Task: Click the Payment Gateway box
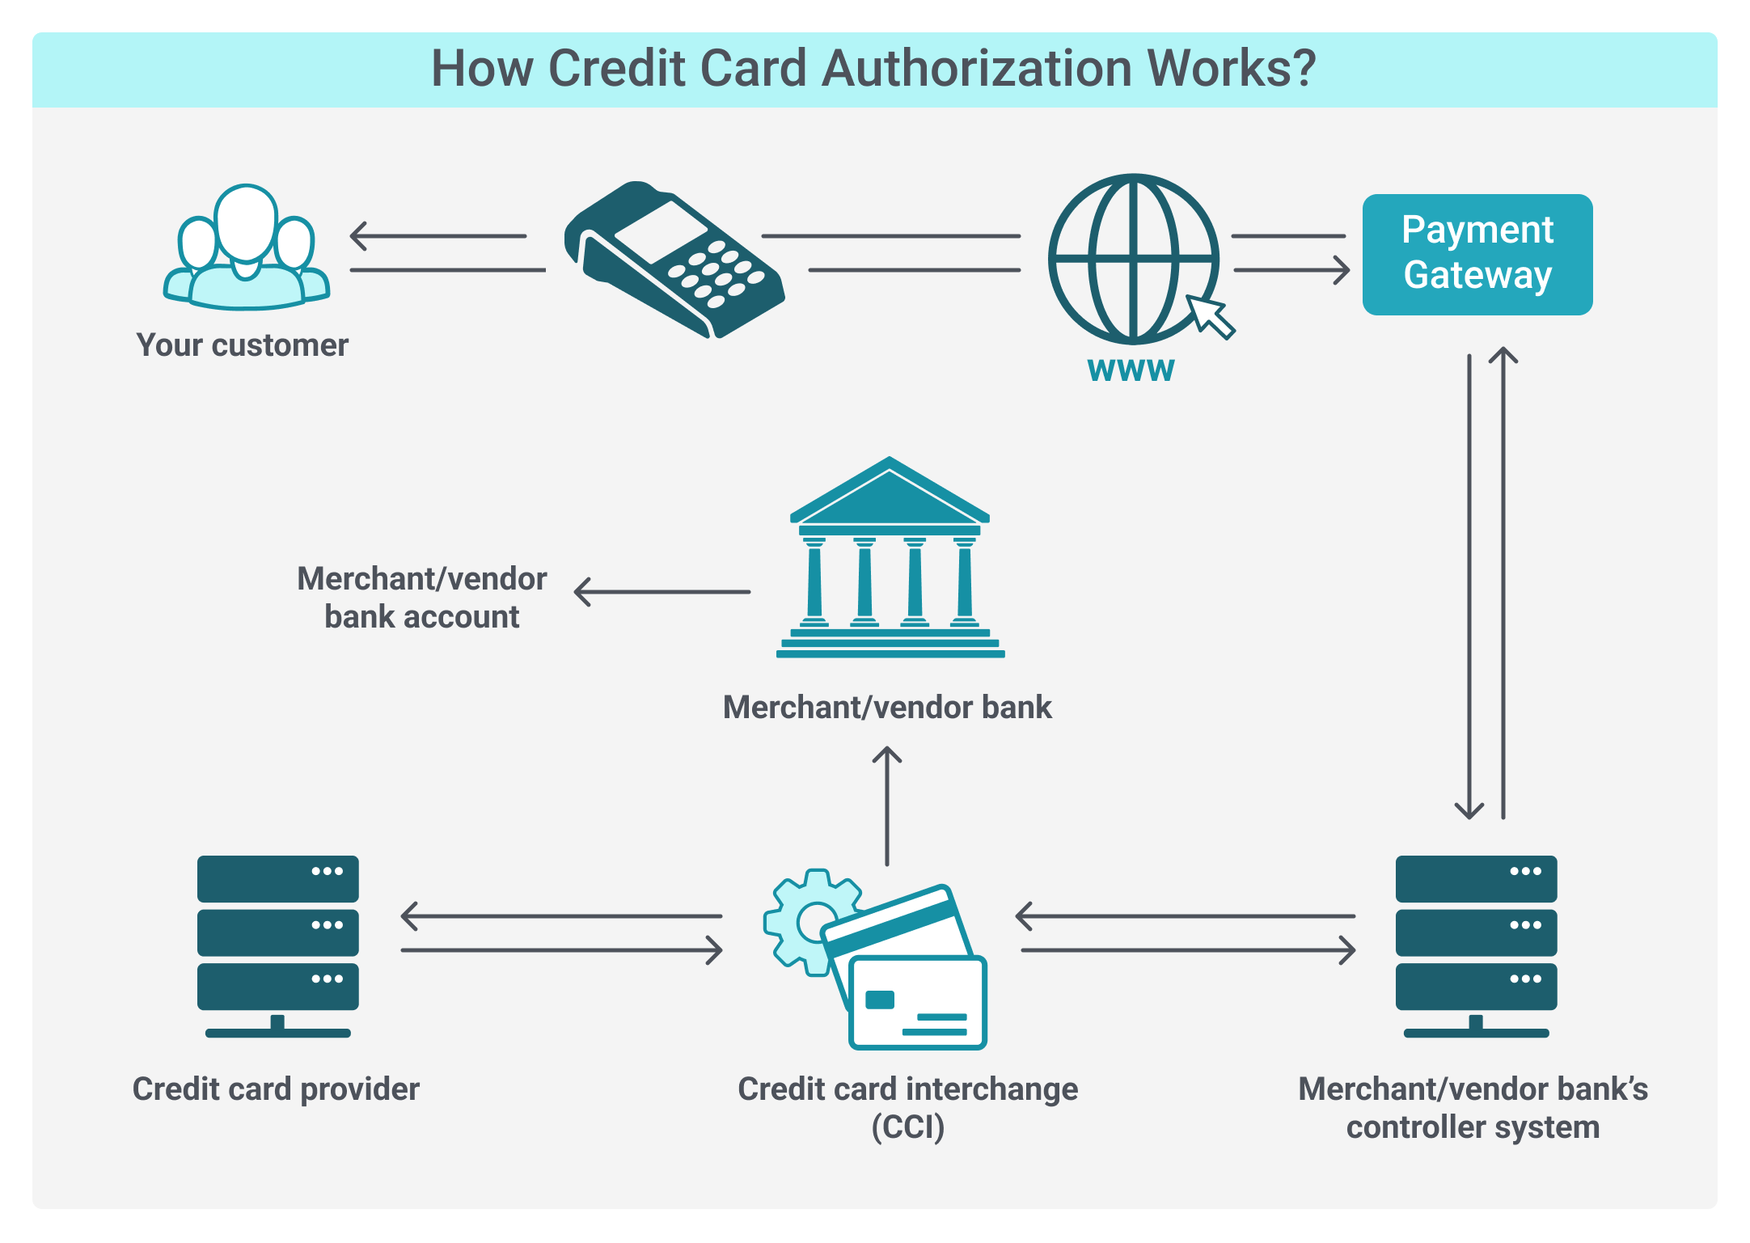coord(1477,254)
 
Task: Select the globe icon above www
coord(1132,259)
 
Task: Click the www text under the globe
coord(1131,369)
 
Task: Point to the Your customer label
coord(242,345)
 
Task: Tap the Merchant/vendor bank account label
coord(421,598)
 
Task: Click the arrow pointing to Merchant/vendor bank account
coord(662,592)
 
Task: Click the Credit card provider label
coord(276,1089)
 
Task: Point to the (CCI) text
coord(907,1127)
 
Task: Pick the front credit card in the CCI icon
coord(917,1003)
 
